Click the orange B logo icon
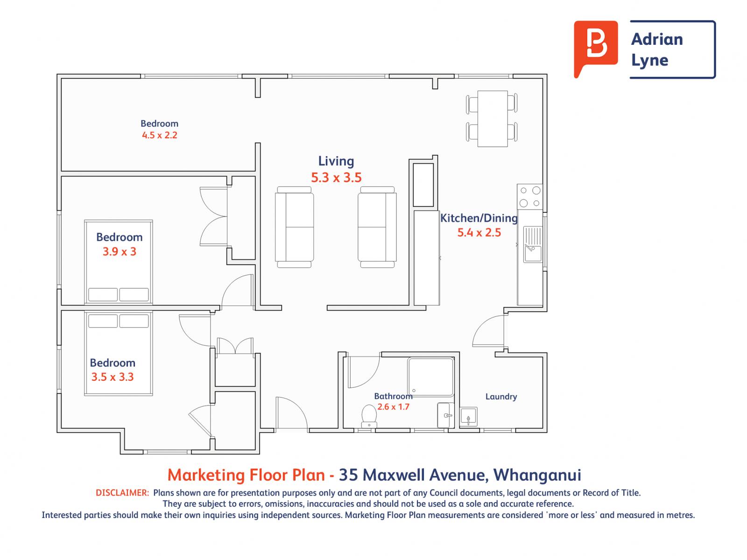[595, 44]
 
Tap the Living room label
[336, 161]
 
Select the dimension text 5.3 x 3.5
[336, 177]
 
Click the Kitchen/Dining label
[479, 218]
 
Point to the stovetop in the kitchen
[529, 197]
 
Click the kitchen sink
[533, 245]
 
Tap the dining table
[493, 119]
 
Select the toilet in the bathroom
[369, 416]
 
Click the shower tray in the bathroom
[431, 377]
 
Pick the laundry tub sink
[469, 417]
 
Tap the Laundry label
[501, 397]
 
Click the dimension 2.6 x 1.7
[393, 406]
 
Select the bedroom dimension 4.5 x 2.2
[160, 135]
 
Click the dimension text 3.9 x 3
[120, 252]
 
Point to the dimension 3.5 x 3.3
[113, 377]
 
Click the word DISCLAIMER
[122, 493]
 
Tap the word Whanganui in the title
[537, 475]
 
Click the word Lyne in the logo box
[650, 61]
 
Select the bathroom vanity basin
[446, 415]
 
